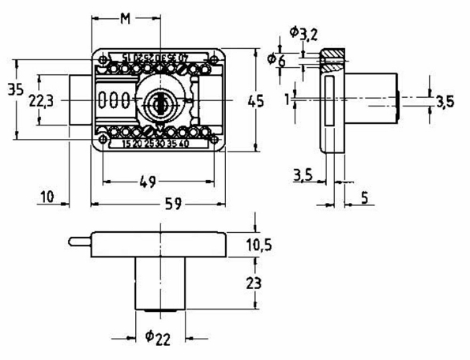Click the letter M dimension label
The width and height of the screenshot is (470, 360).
point(125,18)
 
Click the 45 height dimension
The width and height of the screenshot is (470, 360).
point(254,101)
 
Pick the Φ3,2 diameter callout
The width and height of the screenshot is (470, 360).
point(303,33)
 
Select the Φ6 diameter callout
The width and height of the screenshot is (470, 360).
point(276,60)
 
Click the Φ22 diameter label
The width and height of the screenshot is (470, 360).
point(159,338)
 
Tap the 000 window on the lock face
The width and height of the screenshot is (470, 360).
point(114,100)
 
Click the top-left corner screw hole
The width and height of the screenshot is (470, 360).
point(103,58)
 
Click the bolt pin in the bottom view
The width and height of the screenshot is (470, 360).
point(79,240)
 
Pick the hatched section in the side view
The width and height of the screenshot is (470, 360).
point(331,57)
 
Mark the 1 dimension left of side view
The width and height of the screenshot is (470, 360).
point(290,98)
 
